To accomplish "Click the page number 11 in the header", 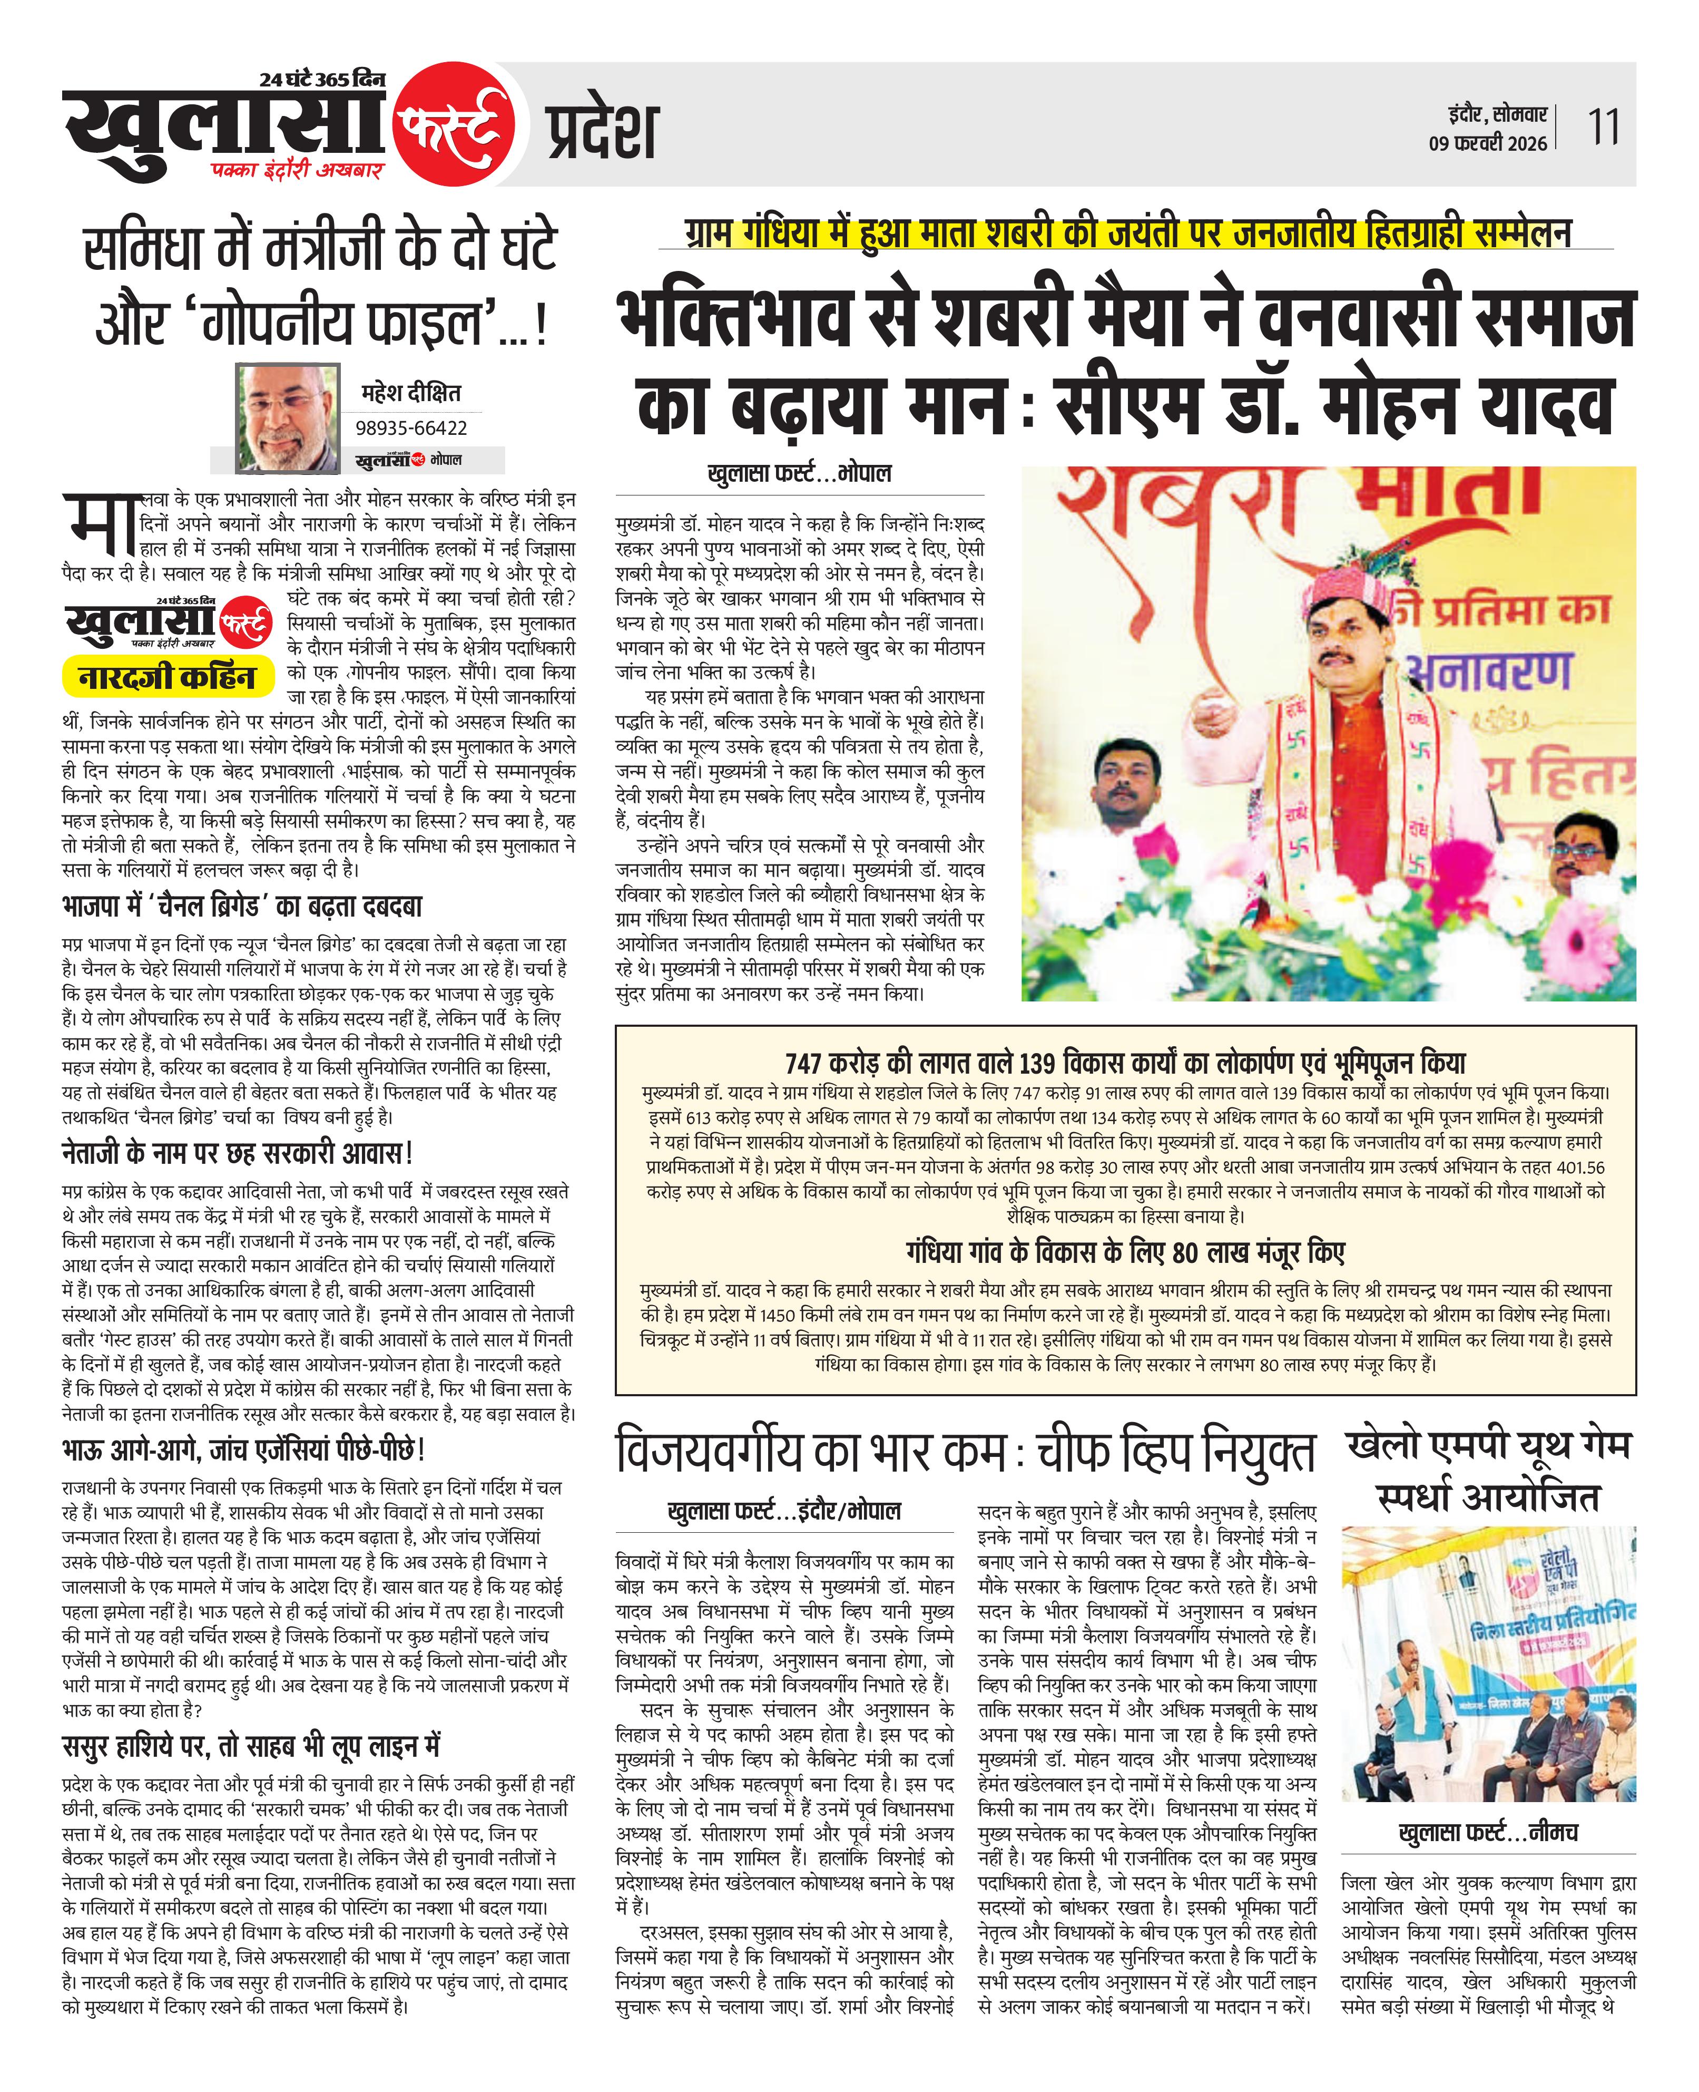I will pos(1602,127).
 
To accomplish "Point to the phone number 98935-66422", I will pos(411,428).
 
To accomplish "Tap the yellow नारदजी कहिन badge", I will pos(166,676).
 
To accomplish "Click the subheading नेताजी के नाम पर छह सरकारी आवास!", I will pos(237,1153).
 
